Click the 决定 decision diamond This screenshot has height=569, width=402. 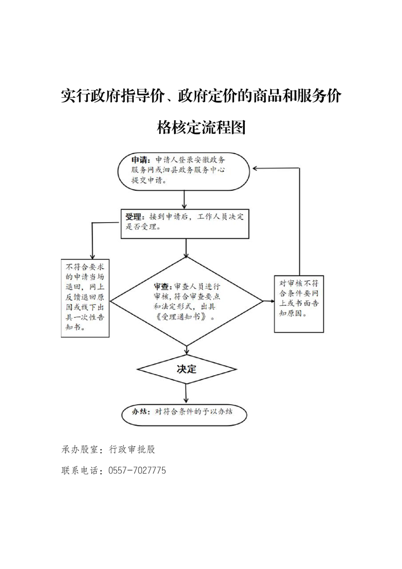tap(187, 369)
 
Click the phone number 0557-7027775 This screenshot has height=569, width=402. tap(137, 471)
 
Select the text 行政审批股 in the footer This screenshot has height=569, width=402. tap(132, 450)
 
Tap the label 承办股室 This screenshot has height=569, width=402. tap(80, 450)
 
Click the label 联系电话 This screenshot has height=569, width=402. tap(80, 471)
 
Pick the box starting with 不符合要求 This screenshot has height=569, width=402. tap(85, 298)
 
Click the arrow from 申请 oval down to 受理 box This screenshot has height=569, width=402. tap(185, 199)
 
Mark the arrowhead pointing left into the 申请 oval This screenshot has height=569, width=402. tap(255, 168)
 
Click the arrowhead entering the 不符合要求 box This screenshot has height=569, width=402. tap(92, 256)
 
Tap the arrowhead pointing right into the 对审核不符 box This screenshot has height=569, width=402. tap(271, 301)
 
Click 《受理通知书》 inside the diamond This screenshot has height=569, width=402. tap(185, 316)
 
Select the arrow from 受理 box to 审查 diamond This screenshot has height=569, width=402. tap(186, 248)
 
